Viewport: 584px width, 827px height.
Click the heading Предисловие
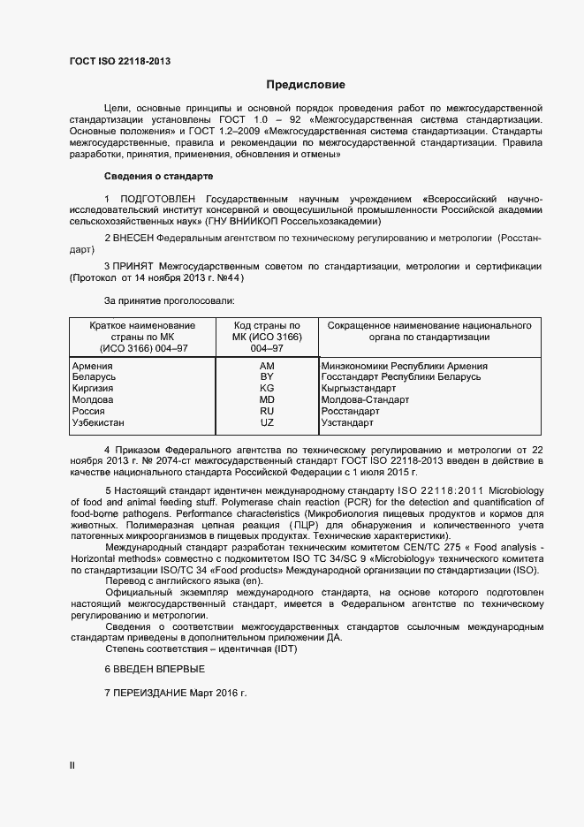(x=306, y=85)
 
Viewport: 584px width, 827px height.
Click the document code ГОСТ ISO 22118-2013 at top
(x=120, y=61)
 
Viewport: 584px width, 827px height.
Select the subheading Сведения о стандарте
(x=158, y=176)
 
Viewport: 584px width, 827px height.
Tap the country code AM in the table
(x=267, y=366)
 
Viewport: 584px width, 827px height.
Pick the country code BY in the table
(x=267, y=377)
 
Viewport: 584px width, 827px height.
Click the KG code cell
(x=267, y=389)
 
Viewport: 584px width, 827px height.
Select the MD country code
(x=267, y=400)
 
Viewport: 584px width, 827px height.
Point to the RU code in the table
(x=267, y=412)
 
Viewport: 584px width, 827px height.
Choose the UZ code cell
(x=267, y=423)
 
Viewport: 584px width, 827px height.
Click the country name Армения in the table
(x=92, y=366)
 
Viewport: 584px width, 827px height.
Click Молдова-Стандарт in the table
(x=366, y=400)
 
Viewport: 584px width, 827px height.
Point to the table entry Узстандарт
(x=348, y=423)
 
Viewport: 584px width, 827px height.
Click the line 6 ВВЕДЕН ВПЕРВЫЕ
(x=155, y=669)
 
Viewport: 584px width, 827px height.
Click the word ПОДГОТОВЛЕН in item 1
(x=156, y=199)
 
